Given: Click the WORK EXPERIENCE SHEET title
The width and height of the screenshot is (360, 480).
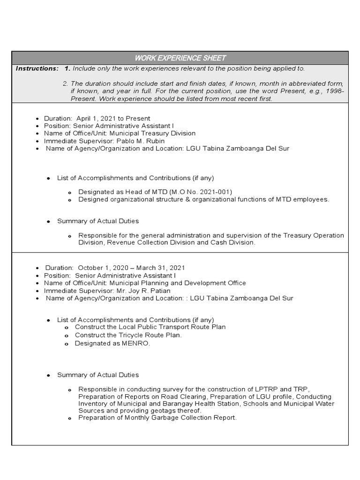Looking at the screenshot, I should (180, 58).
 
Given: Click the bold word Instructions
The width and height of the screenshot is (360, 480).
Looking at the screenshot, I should (37, 68).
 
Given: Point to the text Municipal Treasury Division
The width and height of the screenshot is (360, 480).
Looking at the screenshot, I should (152, 133).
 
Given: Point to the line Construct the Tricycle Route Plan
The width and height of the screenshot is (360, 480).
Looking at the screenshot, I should (128, 335).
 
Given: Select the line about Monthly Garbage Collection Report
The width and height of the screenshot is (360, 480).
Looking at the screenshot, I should (157, 417).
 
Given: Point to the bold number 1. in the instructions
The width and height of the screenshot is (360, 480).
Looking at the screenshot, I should (67, 68).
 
